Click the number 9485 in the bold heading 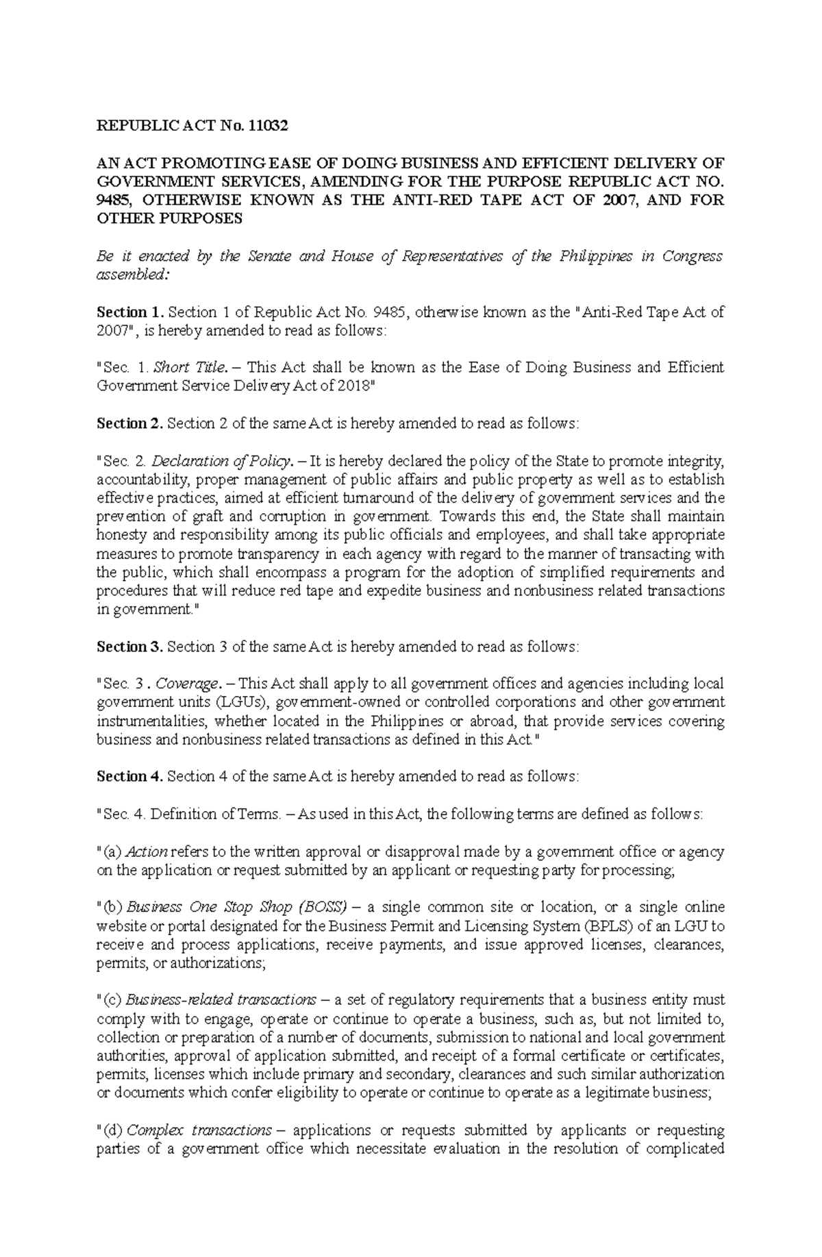114,200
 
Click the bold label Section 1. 130,312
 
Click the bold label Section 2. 130,423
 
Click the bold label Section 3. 130,646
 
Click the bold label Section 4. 130,776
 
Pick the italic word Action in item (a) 147,851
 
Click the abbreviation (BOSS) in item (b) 323,907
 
